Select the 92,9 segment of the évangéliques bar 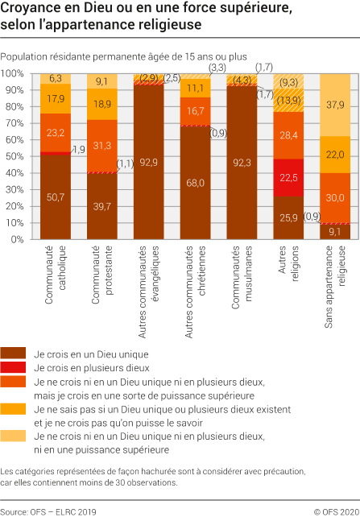tap(147, 162)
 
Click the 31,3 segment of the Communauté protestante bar tap(101, 145)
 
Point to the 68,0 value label tap(194, 183)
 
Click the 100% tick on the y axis tap(14, 73)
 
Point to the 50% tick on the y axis tap(14, 156)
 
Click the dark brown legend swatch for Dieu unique tap(14, 353)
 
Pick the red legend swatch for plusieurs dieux tap(14, 367)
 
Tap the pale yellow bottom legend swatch tap(14, 436)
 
